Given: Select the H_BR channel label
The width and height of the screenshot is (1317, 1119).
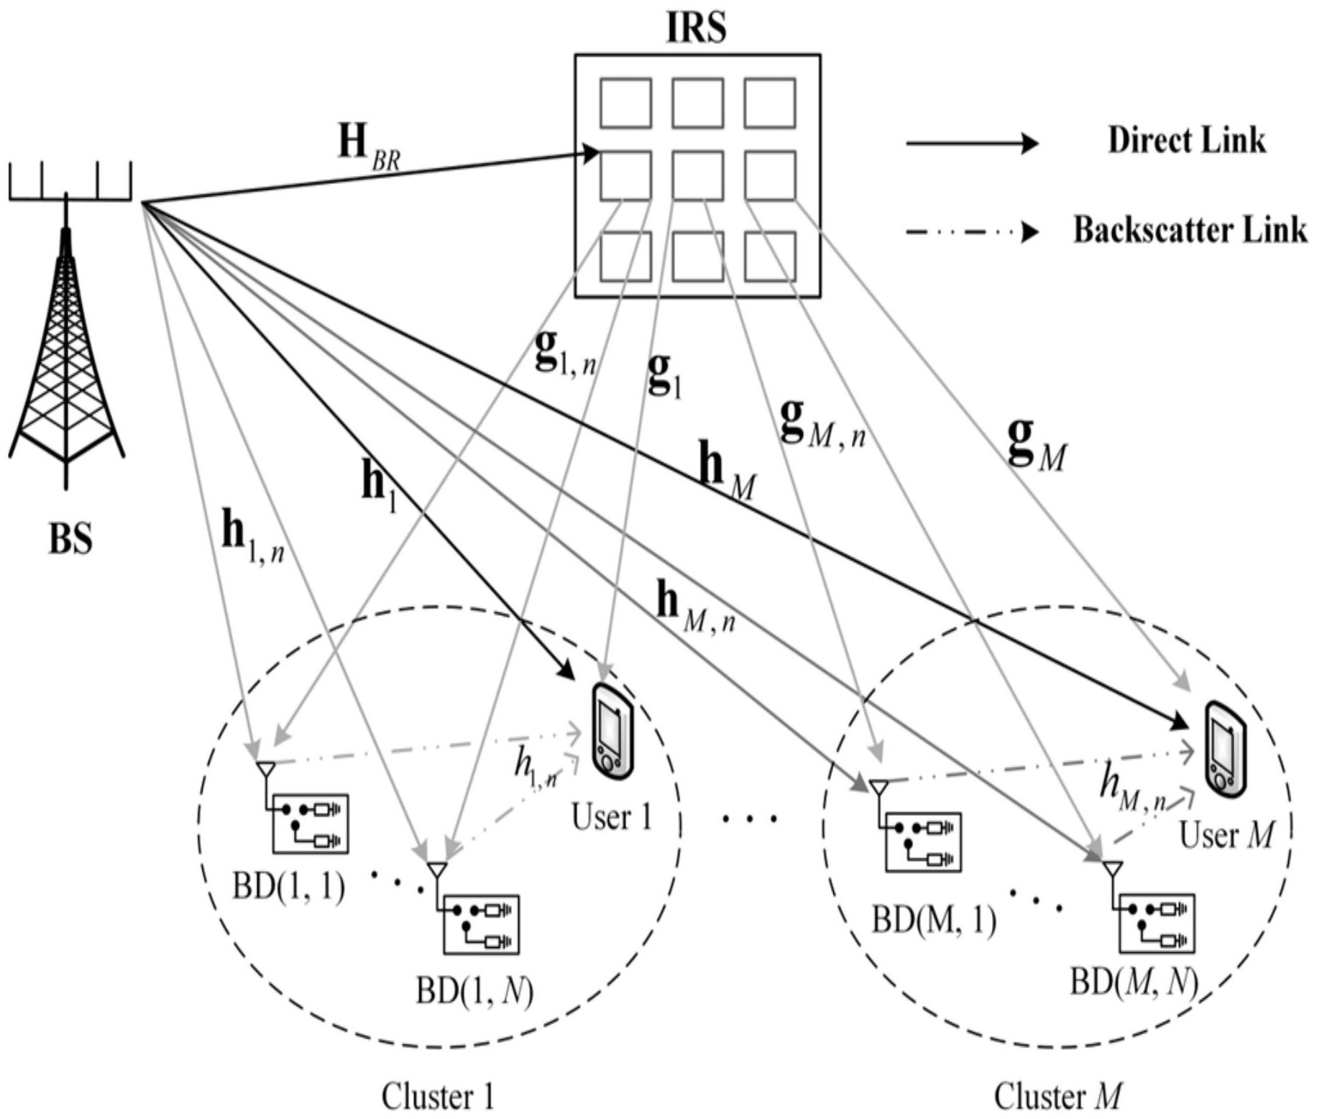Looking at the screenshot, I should click(x=369, y=147).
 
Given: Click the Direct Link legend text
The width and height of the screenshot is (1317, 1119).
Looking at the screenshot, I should click(x=1186, y=140).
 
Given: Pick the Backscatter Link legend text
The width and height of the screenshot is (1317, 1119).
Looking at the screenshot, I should click(x=1190, y=230).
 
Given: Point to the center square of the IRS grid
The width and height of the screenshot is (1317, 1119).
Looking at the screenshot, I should click(x=697, y=175).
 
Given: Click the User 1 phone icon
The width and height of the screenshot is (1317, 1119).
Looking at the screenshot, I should click(x=612, y=732).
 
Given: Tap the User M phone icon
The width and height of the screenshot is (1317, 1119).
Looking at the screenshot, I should click(x=1225, y=749).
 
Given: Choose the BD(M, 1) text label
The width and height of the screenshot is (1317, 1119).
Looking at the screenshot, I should click(x=934, y=920).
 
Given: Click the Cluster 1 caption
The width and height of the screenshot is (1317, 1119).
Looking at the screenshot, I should click(x=437, y=1097).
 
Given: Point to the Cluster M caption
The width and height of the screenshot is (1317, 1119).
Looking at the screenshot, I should click(x=1057, y=1097).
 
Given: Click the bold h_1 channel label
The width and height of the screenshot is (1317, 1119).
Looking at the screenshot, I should click(x=379, y=484).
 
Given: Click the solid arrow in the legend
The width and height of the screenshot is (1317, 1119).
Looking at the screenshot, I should click(x=971, y=144).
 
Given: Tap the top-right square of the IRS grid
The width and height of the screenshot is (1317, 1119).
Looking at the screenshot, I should click(x=769, y=103).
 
